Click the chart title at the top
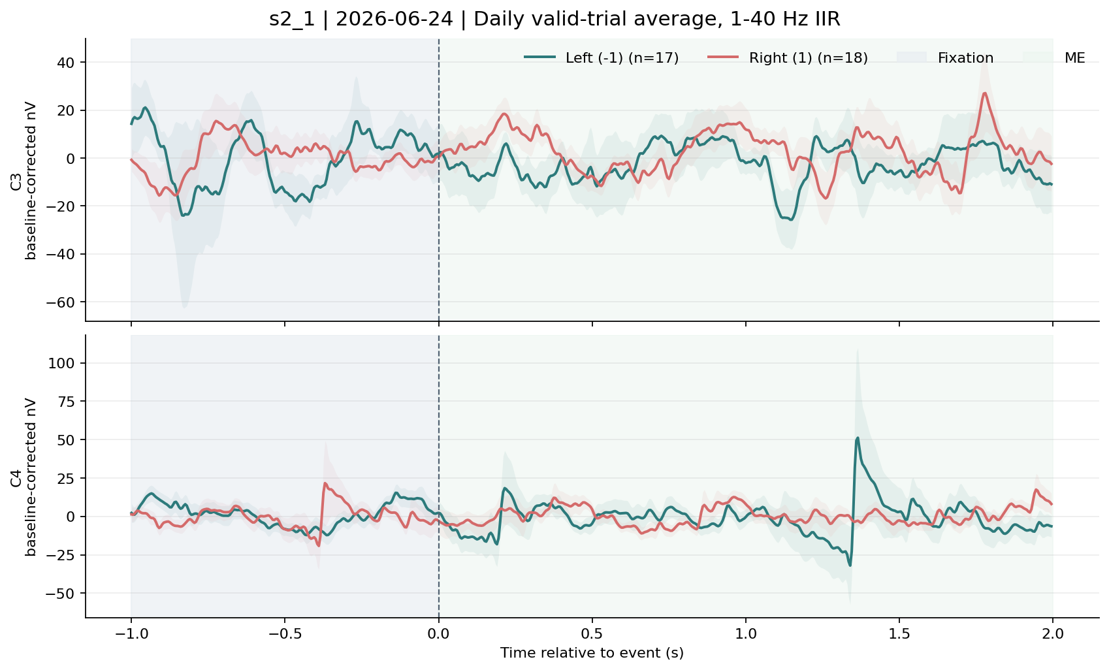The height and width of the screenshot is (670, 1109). [554, 20]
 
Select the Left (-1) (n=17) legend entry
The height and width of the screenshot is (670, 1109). [602, 58]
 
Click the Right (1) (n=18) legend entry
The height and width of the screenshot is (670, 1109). [788, 58]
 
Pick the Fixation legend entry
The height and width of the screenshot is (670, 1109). [945, 58]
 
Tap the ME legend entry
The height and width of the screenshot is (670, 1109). [1054, 58]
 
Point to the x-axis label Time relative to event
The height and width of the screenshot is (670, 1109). [592, 652]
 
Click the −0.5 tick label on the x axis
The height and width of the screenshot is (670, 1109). [285, 634]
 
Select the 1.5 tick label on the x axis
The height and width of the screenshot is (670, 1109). [899, 634]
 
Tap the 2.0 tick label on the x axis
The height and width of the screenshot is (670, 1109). [1053, 634]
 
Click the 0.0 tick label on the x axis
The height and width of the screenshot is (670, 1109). [439, 634]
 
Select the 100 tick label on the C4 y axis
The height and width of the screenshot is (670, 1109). [61, 364]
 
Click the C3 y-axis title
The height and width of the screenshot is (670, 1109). [24, 182]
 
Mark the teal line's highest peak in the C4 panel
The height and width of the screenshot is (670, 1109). [857, 438]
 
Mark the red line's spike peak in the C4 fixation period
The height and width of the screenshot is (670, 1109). [325, 483]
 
